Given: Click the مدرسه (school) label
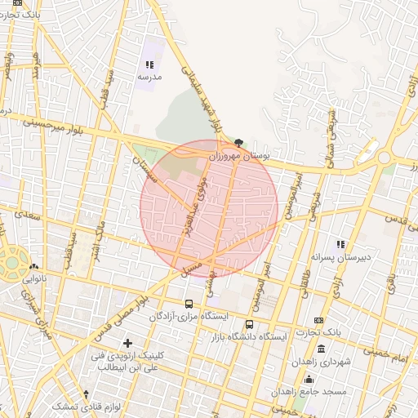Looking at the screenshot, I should click(x=149, y=76).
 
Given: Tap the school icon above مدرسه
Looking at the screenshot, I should click(x=149, y=64).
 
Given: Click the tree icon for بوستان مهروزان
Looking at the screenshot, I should click(x=238, y=142).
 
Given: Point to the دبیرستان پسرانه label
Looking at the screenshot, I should click(x=344, y=256).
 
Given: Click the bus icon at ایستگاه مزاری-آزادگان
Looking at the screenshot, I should click(x=189, y=304).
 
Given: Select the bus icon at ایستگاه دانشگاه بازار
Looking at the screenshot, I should click(x=249, y=324).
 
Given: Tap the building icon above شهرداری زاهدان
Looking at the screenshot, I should click(x=320, y=349).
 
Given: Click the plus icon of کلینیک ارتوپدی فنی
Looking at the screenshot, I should click(x=127, y=344).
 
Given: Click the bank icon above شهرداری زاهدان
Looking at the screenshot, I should click(x=318, y=320).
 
